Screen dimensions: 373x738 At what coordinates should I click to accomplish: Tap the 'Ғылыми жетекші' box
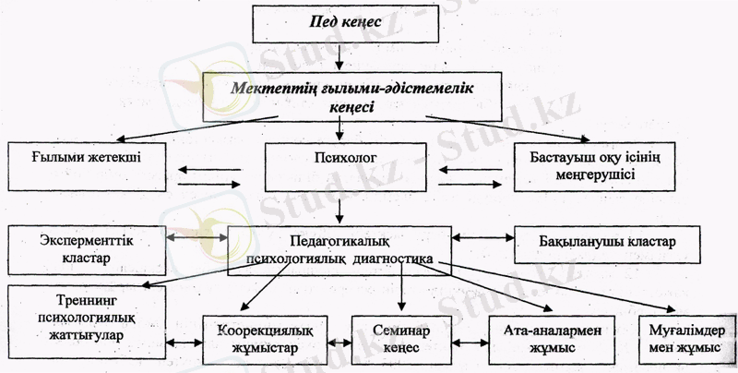click(x=89, y=165)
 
